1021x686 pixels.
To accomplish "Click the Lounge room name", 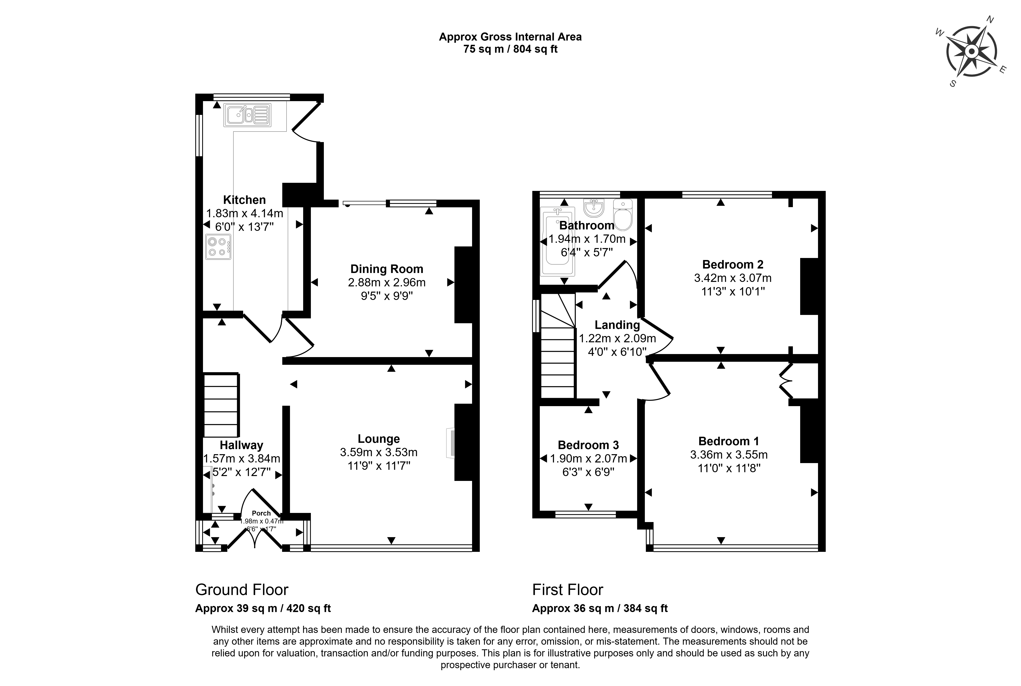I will [379, 439].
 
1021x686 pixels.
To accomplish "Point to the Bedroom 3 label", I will [588, 445].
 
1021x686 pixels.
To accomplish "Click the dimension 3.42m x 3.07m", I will [733, 278].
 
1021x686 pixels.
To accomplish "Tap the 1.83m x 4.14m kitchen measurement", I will [245, 213].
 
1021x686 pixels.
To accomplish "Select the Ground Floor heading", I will [242, 590].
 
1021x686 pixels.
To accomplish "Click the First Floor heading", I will [568, 590].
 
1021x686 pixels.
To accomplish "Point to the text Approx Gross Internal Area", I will [510, 37].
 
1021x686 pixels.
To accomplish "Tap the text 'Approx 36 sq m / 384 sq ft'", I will [600, 608].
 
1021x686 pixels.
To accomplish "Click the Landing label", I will [617, 325].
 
